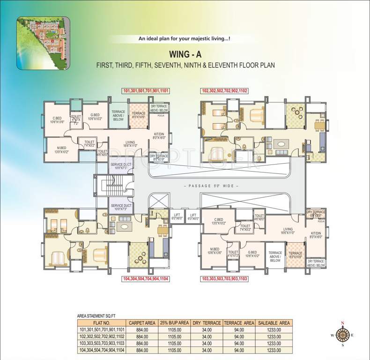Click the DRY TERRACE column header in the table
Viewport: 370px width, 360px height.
pyautogui.click(x=204, y=323)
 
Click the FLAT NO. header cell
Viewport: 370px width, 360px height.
pyautogui.click(x=101, y=323)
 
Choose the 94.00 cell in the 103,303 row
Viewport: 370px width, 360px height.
pyautogui.click(x=238, y=343)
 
